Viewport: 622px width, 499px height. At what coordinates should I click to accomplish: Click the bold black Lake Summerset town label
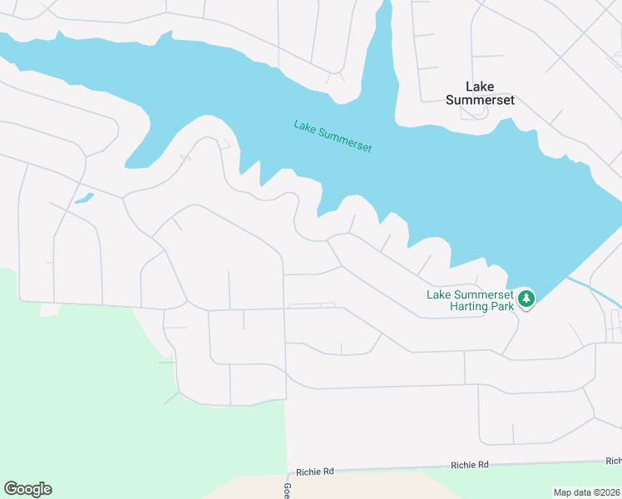point(480,93)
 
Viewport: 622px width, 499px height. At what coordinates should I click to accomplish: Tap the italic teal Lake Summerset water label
point(333,136)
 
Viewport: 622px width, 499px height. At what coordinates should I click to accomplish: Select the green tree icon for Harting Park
point(526,299)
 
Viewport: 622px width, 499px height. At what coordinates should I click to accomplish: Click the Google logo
point(27,489)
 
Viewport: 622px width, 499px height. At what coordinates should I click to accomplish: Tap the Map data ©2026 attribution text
point(587,492)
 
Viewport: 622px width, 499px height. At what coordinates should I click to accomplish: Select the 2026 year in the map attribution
point(610,492)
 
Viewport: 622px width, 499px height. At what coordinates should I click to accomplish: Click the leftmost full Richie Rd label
point(316,471)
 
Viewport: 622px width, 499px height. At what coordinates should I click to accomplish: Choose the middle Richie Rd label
point(470,465)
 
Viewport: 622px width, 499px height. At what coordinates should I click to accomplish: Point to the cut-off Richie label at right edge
point(614,461)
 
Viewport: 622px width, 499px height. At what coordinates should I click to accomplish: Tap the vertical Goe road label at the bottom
point(287,490)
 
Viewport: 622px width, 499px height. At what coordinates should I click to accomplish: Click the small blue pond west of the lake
point(83,199)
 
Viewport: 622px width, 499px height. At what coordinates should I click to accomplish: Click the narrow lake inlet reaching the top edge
point(384,33)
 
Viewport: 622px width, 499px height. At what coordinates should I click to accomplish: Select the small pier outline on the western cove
point(185,156)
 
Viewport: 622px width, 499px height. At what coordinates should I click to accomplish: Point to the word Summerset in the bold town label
point(480,100)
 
